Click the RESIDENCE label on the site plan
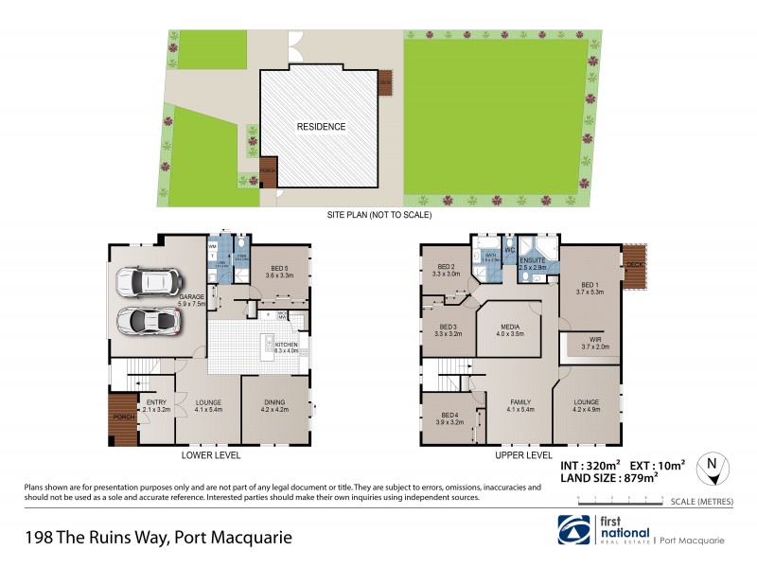tap(321, 126)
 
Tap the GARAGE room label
tap(193, 295)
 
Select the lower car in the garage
tap(147, 319)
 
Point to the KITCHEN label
tap(286, 344)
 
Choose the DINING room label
tap(273, 404)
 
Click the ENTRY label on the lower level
tap(157, 404)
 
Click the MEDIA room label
tap(509, 328)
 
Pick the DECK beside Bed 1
tap(633, 275)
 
